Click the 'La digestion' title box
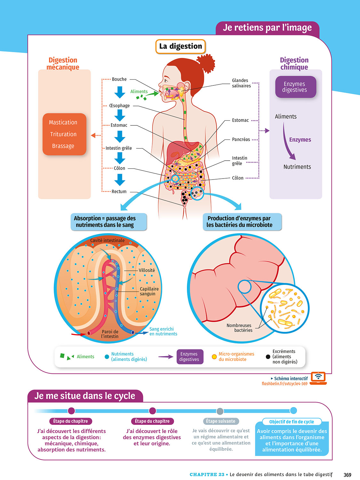(x=180, y=46)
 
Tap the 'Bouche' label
(x=119, y=79)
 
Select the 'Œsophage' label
(x=119, y=106)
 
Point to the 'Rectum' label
(x=119, y=192)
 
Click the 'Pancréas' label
(x=241, y=140)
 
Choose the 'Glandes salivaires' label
(x=241, y=83)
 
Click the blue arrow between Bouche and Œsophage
(x=120, y=92)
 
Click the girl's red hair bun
(x=206, y=63)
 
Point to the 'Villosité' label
(x=147, y=270)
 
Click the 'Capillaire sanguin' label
(x=149, y=291)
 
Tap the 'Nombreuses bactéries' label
(x=239, y=328)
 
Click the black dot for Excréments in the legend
(x=268, y=357)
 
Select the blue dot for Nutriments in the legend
(x=107, y=357)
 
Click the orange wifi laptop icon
(x=318, y=378)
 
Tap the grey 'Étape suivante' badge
(x=220, y=421)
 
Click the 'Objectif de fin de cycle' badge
(x=292, y=422)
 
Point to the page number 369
(x=348, y=475)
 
